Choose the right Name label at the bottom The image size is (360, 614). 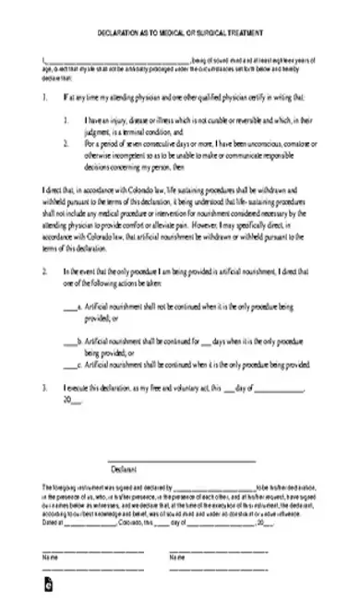(176, 558)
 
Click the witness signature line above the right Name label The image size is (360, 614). (219, 551)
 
